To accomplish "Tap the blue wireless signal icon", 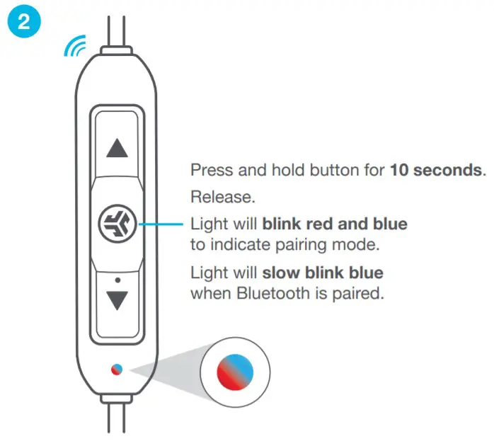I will [x=75, y=47].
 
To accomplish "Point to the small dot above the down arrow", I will [x=117, y=280].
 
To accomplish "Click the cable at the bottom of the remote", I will [x=117, y=421].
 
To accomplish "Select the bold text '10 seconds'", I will [x=435, y=171].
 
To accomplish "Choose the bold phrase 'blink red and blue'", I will [x=335, y=224].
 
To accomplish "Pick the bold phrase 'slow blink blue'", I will [x=323, y=273].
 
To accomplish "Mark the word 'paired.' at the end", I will [x=358, y=293].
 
